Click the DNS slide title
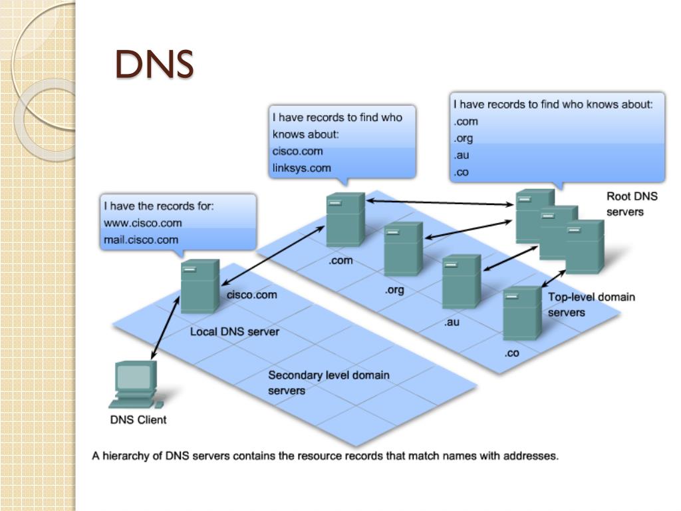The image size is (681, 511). (x=154, y=65)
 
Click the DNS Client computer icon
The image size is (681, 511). (x=135, y=384)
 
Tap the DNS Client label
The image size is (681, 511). (x=138, y=420)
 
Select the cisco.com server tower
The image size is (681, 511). (x=200, y=286)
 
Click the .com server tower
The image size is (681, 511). (x=345, y=220)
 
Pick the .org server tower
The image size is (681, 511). (x=403, y=249)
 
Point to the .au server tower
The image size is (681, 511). (x=462, y=281)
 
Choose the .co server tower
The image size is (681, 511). (x=522, y=313)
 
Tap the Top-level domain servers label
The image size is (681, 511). (x=591, y=304)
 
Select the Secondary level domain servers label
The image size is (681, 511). (x=329, y=383)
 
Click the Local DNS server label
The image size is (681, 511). (x=235, y=331)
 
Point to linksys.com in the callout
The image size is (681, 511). (x=301, y=168)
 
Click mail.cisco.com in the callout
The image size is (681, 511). (x=141, y=240)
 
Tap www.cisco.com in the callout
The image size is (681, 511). (x=142, y=223)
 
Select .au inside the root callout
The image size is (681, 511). (x=462, y=156)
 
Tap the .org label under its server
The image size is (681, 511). (x=394, y=290)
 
